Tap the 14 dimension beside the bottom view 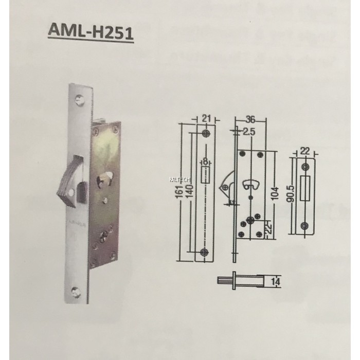(276, 281)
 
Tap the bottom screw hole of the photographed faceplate (77, 292)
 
